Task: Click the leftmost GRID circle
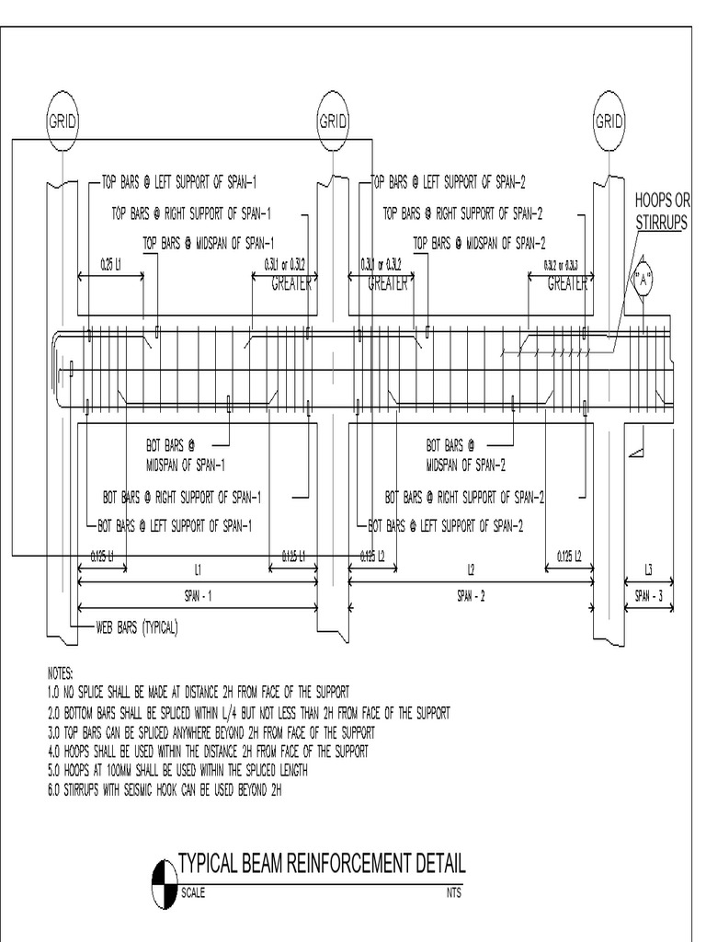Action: [x=63, y=121]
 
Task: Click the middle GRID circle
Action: [x=333, y=121]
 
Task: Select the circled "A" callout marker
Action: [x=642, y=281]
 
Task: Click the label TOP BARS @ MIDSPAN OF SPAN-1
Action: [x=210, y=244]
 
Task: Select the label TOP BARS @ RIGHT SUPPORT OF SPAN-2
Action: [x=462, y=214]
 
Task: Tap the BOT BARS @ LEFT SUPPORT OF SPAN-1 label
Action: [x=175, y=527]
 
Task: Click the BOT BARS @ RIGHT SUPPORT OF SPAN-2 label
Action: [x=465, y=498]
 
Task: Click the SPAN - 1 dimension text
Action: [x=197, y=596]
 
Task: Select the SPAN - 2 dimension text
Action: [x=470, y=596]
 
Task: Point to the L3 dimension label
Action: [x=649, y=570]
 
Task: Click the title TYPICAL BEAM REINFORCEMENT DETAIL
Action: [x=321, y=863]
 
